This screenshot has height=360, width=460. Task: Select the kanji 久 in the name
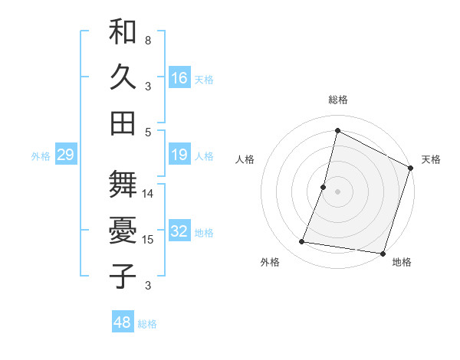pos(123,79)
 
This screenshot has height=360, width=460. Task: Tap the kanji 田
pos(123,123)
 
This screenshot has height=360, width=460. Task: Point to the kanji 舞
pos(123,186)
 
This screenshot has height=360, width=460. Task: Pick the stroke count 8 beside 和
pos(148,40)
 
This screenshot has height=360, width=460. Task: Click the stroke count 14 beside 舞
pos(148,193)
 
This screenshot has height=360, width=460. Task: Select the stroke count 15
pos(148,240)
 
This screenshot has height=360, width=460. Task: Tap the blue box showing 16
pos(179,78)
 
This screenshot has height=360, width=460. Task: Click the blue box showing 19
pos(179,155)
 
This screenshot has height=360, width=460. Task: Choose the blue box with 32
pos(179,232)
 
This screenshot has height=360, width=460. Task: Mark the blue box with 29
pos(65,155)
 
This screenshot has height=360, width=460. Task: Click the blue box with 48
pos(123,322)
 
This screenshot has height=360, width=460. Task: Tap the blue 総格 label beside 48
pos(147,324)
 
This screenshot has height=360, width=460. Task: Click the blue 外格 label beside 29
pos(41,156)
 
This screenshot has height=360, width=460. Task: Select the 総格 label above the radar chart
pos(337,100)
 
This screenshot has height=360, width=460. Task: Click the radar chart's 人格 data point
pos(324,187)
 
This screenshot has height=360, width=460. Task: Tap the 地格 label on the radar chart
pos(402,263)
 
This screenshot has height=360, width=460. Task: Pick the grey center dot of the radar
pos(337,191)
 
